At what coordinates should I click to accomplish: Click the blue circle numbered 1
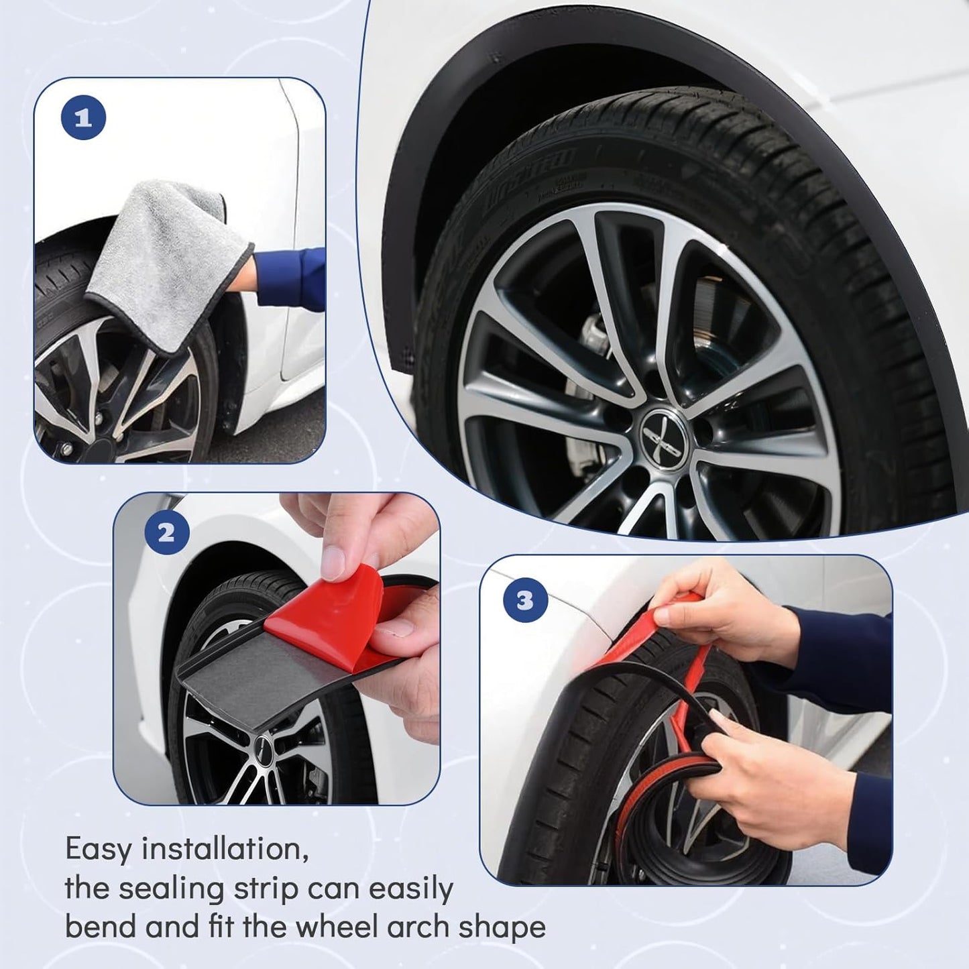pyautogui.click(x=83, y=118)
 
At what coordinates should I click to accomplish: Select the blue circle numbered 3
pyautogui.click(x=525, y=600)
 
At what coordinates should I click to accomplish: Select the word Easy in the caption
pyautogui.click(x=99, y=850)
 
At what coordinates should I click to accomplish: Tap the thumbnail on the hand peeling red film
pyautogui.click(x=333, y=564)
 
